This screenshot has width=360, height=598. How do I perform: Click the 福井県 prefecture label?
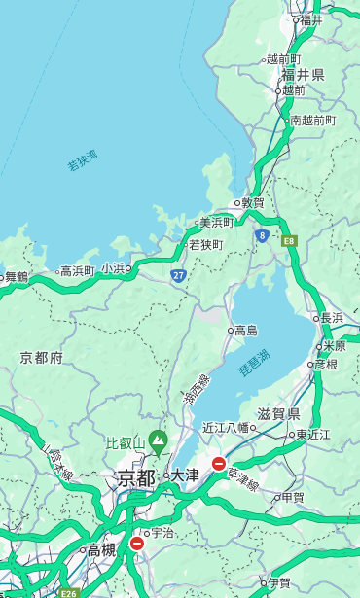(304, 75)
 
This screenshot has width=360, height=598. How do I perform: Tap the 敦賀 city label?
(253, 203)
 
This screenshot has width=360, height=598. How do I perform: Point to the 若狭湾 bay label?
(83, 160)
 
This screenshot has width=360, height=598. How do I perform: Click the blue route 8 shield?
(262, 235)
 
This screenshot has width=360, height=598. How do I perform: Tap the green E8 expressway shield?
(289, 239)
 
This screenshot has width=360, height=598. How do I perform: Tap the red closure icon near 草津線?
(219, 464)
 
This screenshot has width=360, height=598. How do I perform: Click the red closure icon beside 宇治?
(136, 544)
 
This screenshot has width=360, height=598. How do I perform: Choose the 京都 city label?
(136, 477)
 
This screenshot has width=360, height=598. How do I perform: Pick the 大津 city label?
(185, 475)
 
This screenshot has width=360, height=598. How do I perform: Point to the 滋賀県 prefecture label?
(278, 414)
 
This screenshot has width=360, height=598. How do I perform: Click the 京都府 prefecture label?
(42, 358)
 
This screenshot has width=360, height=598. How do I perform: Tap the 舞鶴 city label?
(17, 277)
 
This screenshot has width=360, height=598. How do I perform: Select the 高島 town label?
(245, 331)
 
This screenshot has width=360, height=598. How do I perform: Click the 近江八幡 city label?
(226, 427)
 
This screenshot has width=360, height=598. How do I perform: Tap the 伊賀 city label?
(279, 583)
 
